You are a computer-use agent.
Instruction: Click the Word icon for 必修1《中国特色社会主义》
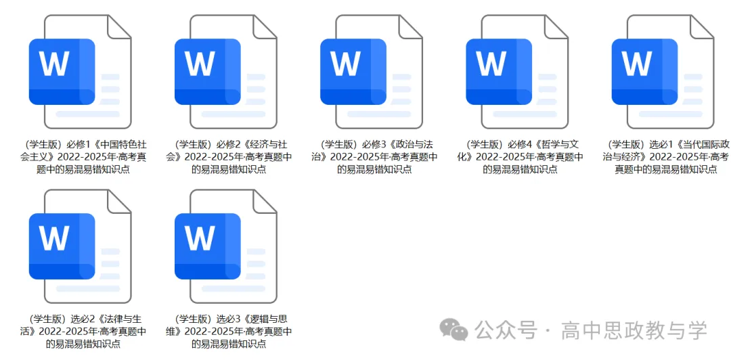[x=80, y=72]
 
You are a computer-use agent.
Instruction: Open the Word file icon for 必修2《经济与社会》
[x=225, y=72]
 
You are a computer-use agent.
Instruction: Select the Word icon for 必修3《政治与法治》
[x=371, y=72]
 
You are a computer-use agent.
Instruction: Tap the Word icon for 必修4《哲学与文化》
[x=517, y=72]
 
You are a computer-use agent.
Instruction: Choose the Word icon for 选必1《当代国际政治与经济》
[x=663, y=72]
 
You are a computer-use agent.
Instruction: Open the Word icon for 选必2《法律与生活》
[x=80, y=247]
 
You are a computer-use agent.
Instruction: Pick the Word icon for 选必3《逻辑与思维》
[x=225, y=247]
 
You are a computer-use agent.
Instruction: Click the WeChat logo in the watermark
[x=453, y=330]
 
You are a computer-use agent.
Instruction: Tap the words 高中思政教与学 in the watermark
[x=634, y=330]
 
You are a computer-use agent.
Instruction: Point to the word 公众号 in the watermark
[x=505, y=330]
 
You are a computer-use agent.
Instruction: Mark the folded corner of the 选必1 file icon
[x=702, y=26]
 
